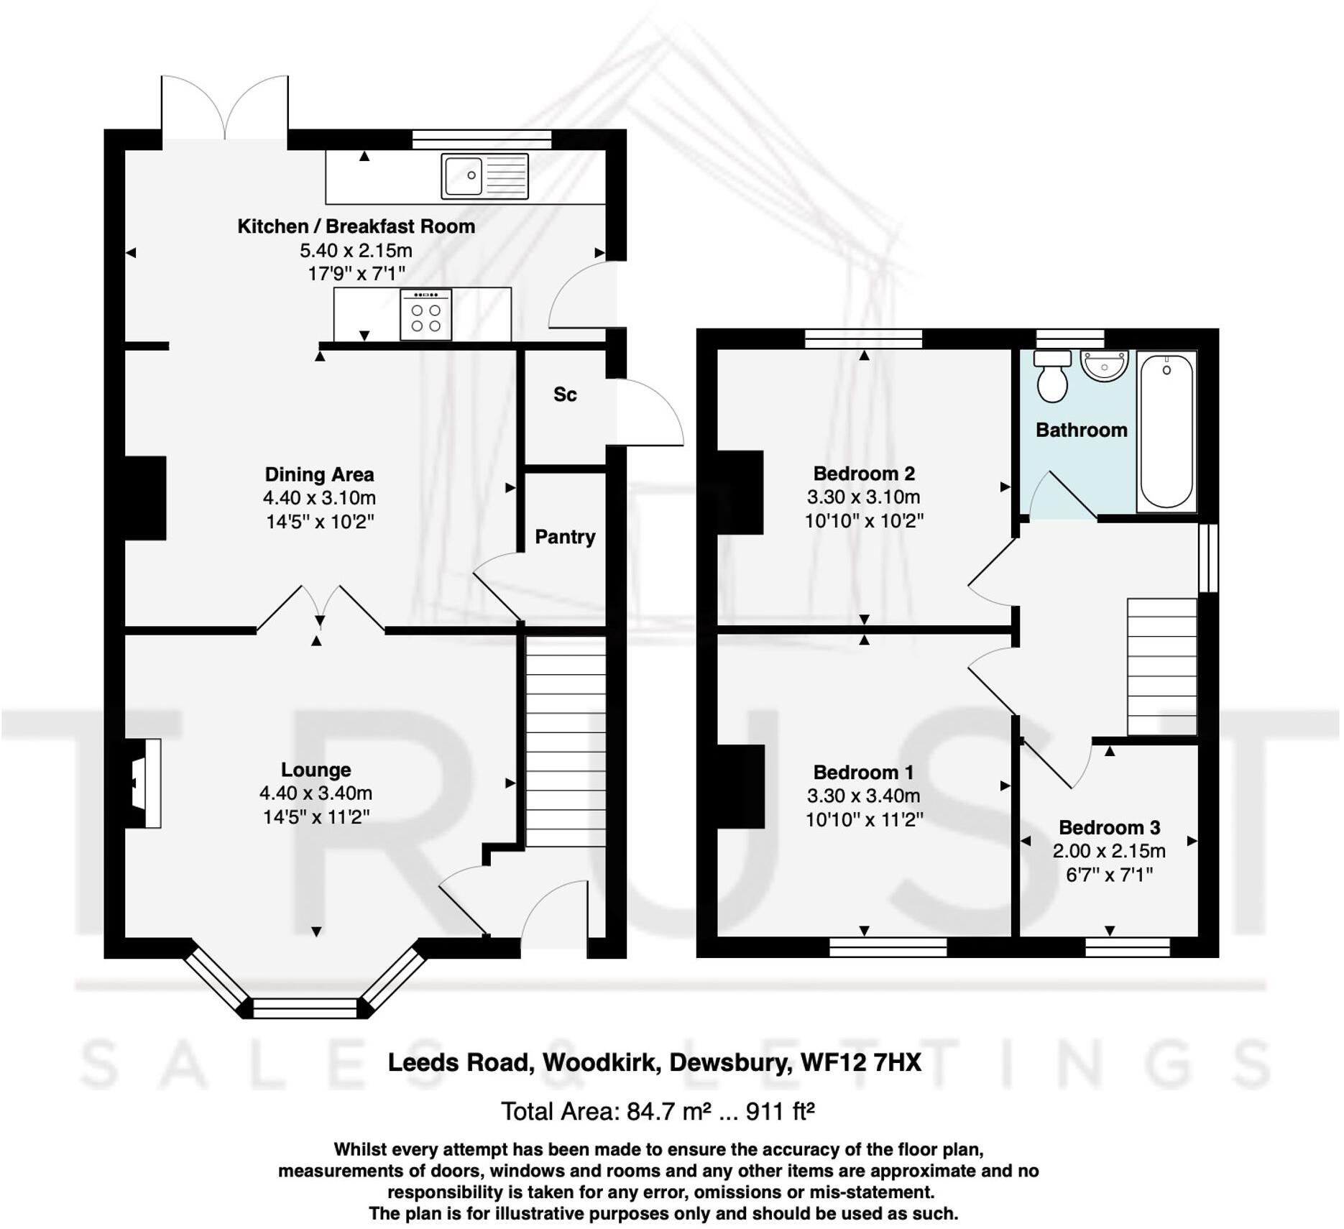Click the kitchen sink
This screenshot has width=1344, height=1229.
(484, 175)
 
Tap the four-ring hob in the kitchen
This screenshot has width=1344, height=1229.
(425, 315)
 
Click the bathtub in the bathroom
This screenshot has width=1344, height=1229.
(1166, 431)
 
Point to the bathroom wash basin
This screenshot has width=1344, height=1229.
(1105, 366)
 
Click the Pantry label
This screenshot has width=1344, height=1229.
(565, 537)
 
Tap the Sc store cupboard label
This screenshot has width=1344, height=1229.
(565, 395)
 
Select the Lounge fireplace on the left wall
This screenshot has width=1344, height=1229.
(144, 783)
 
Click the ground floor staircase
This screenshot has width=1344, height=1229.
(566, 740)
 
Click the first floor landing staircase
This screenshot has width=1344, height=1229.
(1161, 666)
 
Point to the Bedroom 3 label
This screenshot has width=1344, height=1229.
(1109, 827)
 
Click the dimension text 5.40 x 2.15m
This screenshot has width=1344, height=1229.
(356, 251)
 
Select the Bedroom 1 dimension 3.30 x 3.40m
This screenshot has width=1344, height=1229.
(863, 796)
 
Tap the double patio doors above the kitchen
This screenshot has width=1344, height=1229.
(225, 108)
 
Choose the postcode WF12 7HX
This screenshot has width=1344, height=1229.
(860, 1062)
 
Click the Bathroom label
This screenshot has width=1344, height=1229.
(1081, 431)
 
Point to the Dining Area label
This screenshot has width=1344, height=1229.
(319, 474)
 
